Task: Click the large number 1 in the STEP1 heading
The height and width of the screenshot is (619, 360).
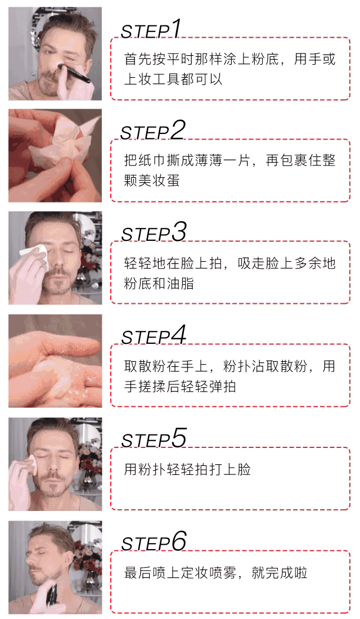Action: (x=175, y=29)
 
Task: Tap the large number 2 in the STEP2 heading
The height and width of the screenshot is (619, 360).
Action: (x=178, y=130)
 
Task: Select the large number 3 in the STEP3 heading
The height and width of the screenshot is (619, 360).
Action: (x=179, y=232)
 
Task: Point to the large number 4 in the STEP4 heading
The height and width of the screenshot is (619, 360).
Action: (x=178, y=335)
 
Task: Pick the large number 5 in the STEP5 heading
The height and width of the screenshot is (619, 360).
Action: (x=179, y=438)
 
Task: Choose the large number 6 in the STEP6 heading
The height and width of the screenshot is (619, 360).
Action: (x=179, y=541)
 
